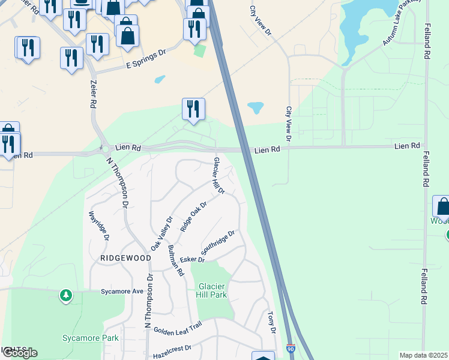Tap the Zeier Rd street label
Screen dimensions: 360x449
click(x=94, y=94)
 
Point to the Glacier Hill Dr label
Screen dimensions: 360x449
click(x=218, y=176)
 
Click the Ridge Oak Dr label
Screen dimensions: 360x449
click(x=194, y=215)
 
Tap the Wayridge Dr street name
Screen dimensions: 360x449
click(x=98, y=226)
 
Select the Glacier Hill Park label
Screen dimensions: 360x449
click(x=211, y=290)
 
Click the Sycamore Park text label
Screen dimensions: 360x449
click(x=91, y=338)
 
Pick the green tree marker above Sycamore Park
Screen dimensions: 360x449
click(x=65, y=295)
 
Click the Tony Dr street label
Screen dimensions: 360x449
click(x=271, y=322)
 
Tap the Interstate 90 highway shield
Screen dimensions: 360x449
click(x=291, y=348)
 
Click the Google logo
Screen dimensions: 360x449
click(x=19, y=353)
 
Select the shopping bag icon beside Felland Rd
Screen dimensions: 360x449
click(x=442, y=206)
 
